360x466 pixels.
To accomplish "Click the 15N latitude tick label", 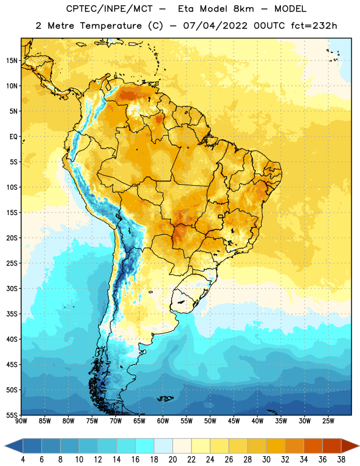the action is point(12,61).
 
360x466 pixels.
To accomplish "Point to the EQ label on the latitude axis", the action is point(13,137).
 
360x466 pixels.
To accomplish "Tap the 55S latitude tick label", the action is point(12,415).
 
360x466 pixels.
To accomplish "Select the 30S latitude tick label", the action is point(12,288).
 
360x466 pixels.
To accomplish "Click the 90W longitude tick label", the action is point(21,421).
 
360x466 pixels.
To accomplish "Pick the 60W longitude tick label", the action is point(163,421).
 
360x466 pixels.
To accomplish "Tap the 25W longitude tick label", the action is point(328,421).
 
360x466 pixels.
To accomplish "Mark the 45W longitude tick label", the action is point(234,421).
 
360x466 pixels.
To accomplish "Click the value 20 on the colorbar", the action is point(172,460).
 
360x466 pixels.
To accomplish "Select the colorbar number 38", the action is point(341,460).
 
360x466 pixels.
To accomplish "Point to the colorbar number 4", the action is point(23,460).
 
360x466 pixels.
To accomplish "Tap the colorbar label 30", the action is point(266,460).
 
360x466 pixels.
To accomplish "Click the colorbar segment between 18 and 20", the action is point(163,446).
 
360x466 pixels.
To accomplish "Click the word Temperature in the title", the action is point(111,26).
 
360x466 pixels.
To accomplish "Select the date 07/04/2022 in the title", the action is point(215,26).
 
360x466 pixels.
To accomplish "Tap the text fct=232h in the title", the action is point(314,26).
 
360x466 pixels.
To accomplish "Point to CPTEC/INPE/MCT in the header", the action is point(109,9).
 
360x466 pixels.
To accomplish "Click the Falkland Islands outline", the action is point(165,398).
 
